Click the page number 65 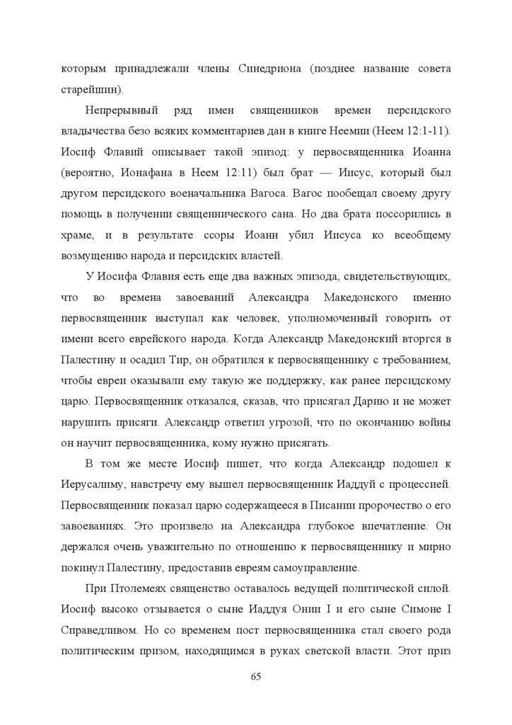(x=256, y=676)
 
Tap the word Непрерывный (x=119, y=113)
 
